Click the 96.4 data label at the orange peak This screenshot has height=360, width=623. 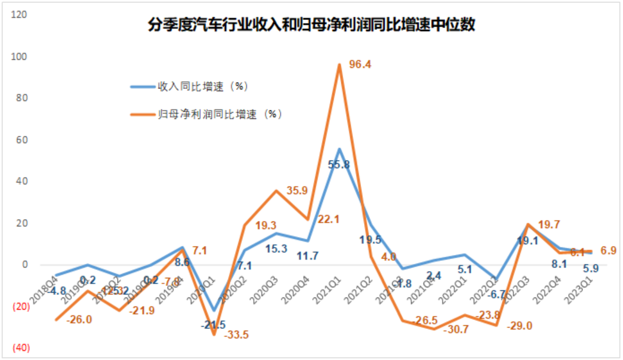[360, 65]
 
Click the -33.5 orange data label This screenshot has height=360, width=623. [236, 335]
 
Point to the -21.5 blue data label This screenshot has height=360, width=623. [213, 325]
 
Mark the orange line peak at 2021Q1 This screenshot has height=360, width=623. [340, 65]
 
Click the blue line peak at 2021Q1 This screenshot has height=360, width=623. [340, 149]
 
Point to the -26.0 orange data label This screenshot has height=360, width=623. [79, 319]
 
